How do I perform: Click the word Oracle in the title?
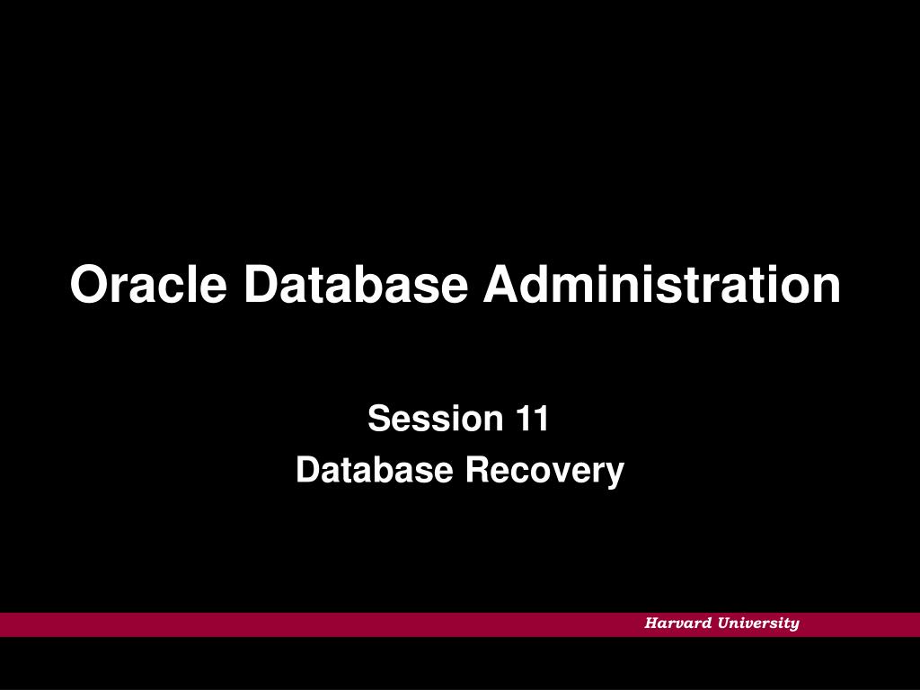[x=148, y=284]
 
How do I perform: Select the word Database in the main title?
[x=356, y=284]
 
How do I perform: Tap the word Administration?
[x=662, y=284]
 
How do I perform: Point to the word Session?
[x=436, y=419]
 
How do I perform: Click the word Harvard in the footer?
[x=677, y=624]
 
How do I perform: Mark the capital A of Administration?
[x=503, y=284]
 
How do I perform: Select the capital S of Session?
[x=380, y=419]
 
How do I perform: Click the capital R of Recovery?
[x=479, y=470]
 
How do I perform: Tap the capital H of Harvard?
[x=652, y=624]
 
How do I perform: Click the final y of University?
[x=794, y=626]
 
